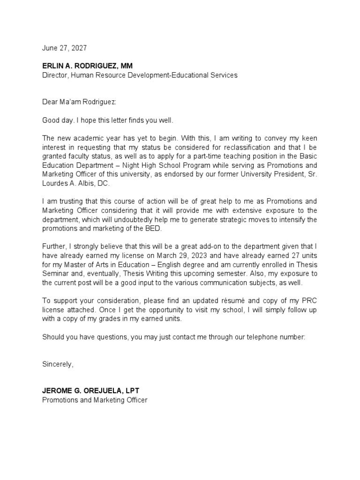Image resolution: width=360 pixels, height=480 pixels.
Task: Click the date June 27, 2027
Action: (x=64, y=48)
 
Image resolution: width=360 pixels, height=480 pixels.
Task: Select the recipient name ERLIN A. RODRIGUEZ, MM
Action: (x=88, y=66)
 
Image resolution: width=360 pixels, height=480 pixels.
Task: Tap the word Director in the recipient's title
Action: (x=55, y=75)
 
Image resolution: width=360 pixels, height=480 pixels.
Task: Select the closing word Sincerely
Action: (x=58, y=364)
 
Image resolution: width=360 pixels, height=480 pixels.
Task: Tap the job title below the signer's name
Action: (x=95, y=400)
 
